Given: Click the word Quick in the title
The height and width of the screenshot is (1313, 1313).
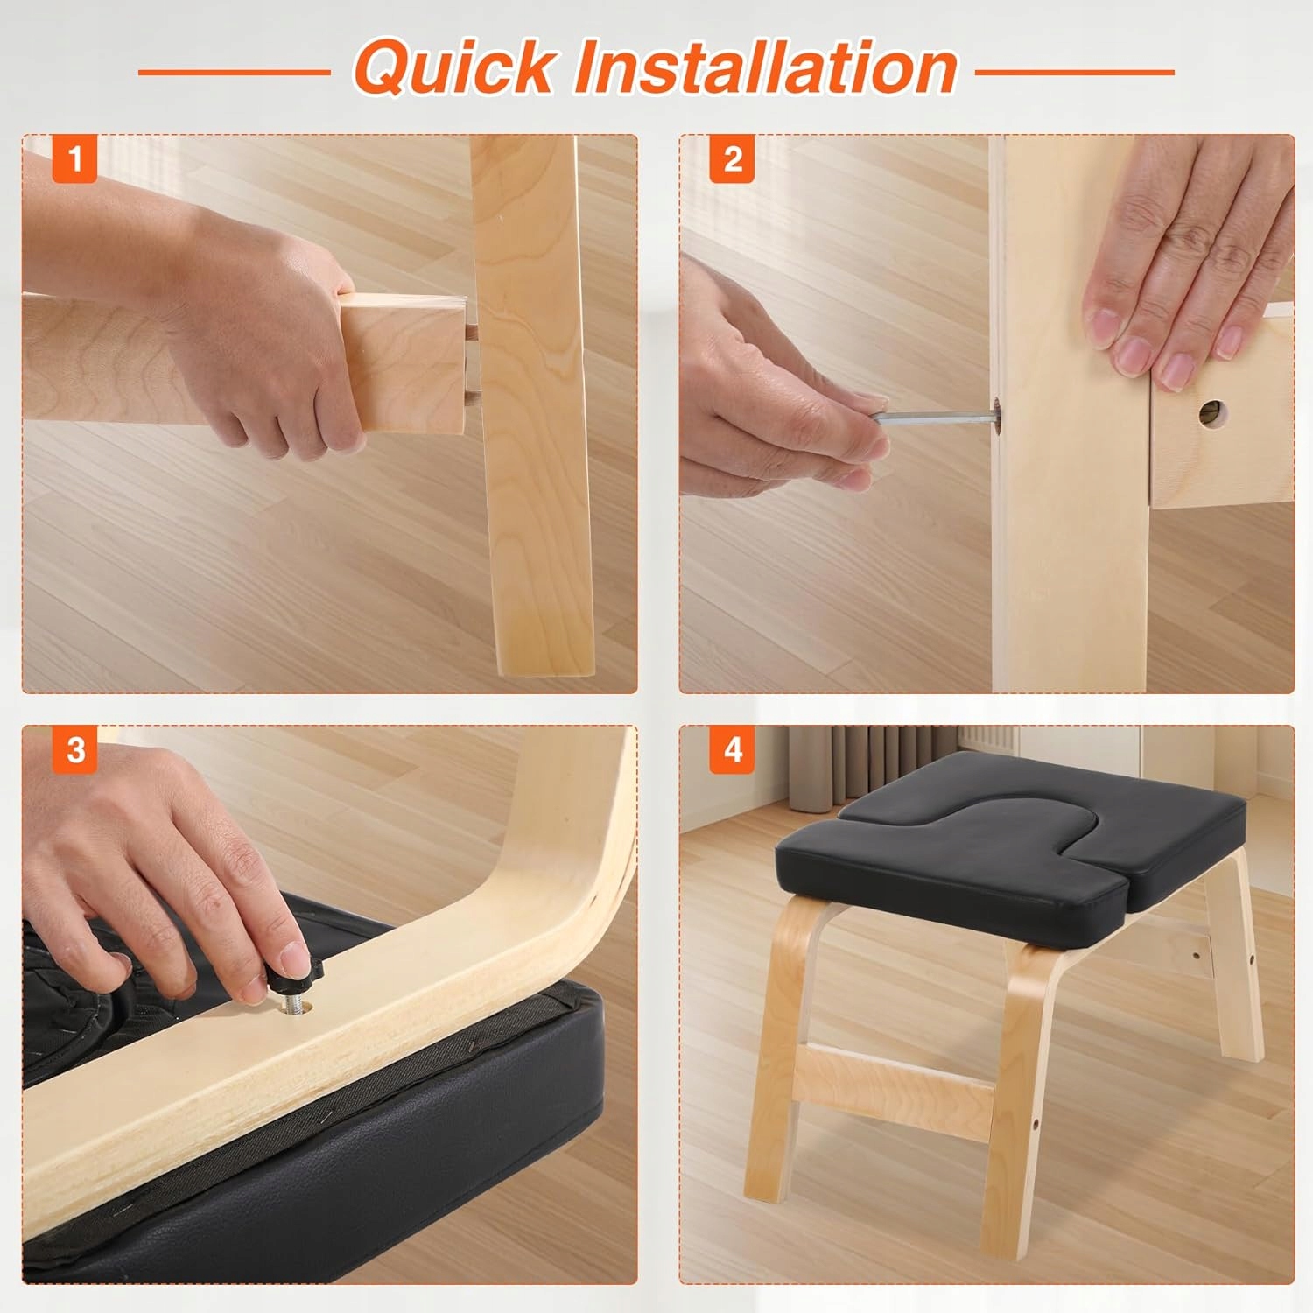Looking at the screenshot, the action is click(454, 67).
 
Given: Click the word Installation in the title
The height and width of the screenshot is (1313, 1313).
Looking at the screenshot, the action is click(765, 67).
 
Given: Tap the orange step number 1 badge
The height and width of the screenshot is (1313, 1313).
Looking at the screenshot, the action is click(74, 159).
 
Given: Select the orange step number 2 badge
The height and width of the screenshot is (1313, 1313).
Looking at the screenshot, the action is click(733, 159).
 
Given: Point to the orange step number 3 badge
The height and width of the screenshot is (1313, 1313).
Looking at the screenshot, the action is click(74, 750).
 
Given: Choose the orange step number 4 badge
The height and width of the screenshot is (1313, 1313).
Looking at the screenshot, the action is click(733, 750).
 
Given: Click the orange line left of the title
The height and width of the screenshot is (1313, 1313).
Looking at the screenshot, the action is click(235, 72).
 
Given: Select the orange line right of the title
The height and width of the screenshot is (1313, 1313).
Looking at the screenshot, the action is click(1075, 72).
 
